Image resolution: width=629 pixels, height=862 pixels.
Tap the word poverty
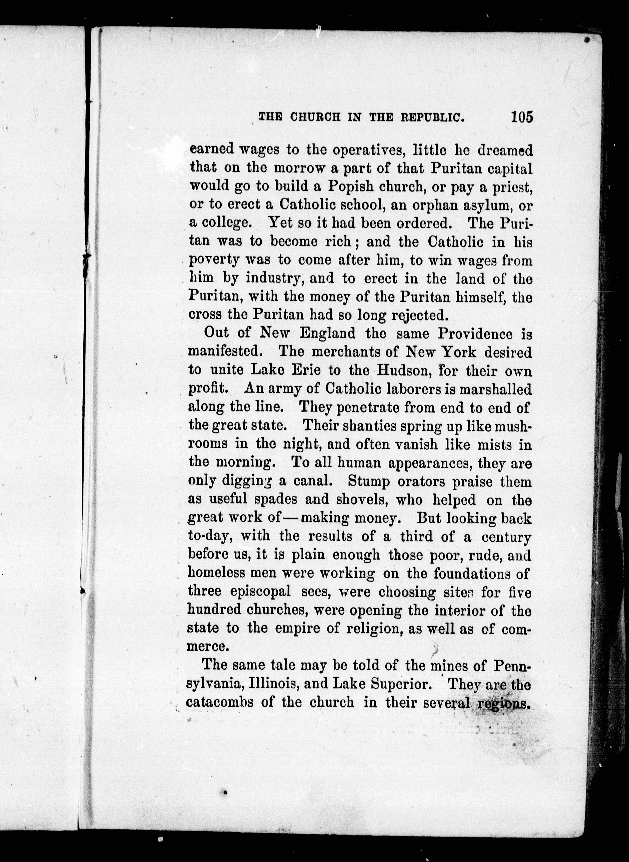click(x=214, y=261)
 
